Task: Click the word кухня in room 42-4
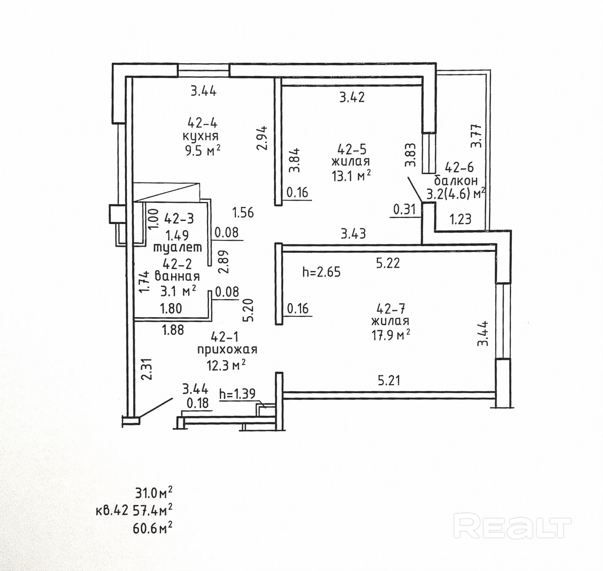tap(200, 136)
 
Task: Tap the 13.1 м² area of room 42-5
tap(351, 176)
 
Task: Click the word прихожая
tap(227, 350)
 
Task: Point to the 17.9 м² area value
tap(390, 335)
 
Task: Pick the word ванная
tap(177, 276)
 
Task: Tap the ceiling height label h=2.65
tap(321, 272)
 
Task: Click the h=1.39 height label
tap(237, 394)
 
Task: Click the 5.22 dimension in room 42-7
tap(387, 263)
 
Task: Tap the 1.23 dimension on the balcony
tap(461, 219)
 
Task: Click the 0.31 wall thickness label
tap(405, 210)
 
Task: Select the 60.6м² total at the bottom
tap(153, 528)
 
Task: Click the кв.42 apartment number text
tap(112, 511)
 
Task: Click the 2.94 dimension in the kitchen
tap(262, 138)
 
